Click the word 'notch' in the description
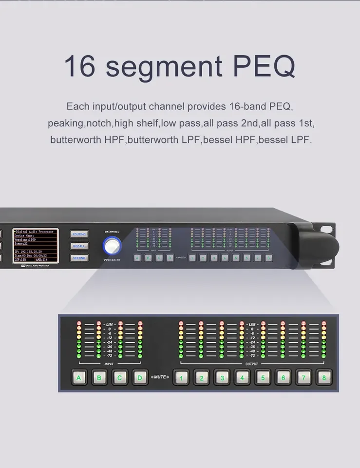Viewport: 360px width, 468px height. (x=99, y=123)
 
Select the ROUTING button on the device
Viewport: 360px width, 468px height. (x=79, y=234)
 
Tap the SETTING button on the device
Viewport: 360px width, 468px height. (x=79, y=258)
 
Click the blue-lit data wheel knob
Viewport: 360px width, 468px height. (x=112, y=246)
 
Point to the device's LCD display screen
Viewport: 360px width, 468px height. (x=35, y=246)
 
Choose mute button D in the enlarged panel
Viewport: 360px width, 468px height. (x=140, y=377)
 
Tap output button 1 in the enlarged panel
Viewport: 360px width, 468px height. (x=181, y=377)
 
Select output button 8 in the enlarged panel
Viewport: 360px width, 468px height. (x=323, y=377)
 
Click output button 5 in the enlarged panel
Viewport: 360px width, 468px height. (x=263, y=377)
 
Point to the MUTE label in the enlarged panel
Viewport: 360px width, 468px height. (x=160, y=377)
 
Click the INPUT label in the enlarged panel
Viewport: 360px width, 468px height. (x=109, y=364)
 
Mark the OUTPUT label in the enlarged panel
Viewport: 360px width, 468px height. (x=252, y=364)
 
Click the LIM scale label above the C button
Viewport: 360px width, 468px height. (x=110, y=324)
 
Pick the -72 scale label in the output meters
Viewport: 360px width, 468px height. (x=252, y=356)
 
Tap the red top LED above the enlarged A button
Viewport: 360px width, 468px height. (x=79, y=323)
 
